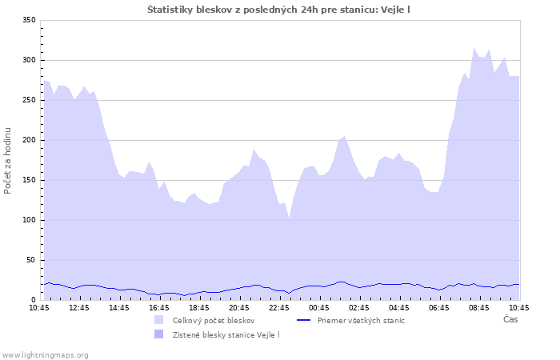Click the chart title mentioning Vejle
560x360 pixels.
[279, 9]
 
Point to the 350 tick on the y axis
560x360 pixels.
[29, 20]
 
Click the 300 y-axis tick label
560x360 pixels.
[29, 60]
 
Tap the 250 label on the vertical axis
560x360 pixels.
[29, 100]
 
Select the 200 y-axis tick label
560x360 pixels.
[29, 140]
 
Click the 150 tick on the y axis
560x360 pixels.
[29, 180]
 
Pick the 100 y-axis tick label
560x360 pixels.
[29, 220]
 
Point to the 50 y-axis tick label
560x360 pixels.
[31, 260]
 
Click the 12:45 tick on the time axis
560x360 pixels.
[79, 307]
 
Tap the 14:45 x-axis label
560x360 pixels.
[119, 307]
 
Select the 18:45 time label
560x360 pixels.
[199, 307]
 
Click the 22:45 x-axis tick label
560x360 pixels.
[279, 307]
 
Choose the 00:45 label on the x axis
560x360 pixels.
[319, 307]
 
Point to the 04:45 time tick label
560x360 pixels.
[399, 307]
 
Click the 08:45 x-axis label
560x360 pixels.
[479, 307]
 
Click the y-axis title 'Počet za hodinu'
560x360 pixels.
[8, 160]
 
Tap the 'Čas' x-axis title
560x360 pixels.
[510, 319]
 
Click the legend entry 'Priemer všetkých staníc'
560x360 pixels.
[361, 320]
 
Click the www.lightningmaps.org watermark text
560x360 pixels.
[45, 354]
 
